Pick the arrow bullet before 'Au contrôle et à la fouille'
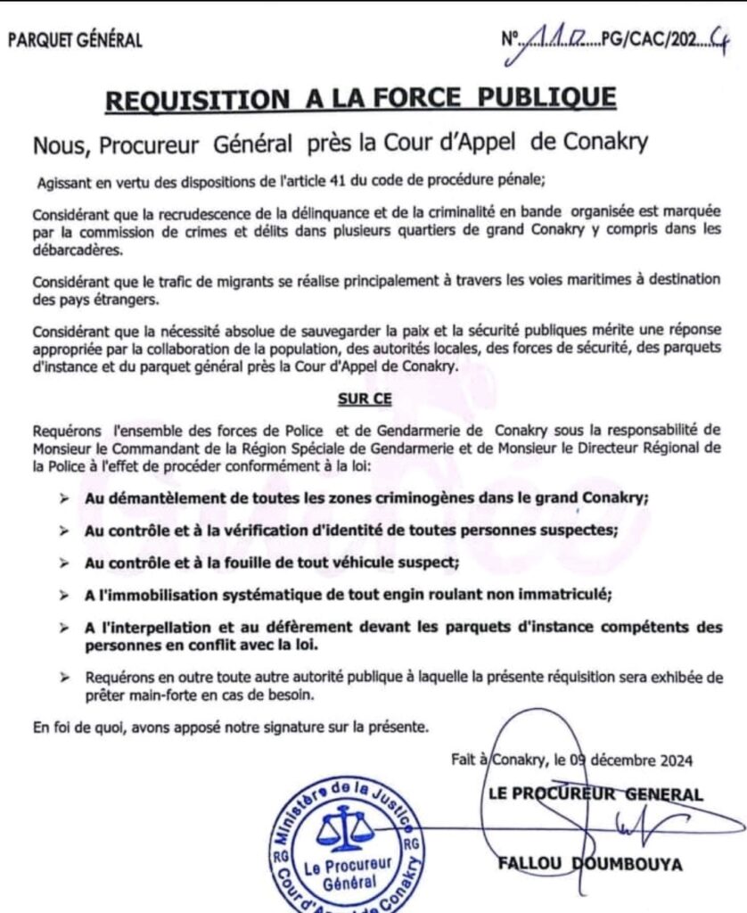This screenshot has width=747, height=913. tap(63, 563)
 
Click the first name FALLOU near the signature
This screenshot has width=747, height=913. tap(525, 863)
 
